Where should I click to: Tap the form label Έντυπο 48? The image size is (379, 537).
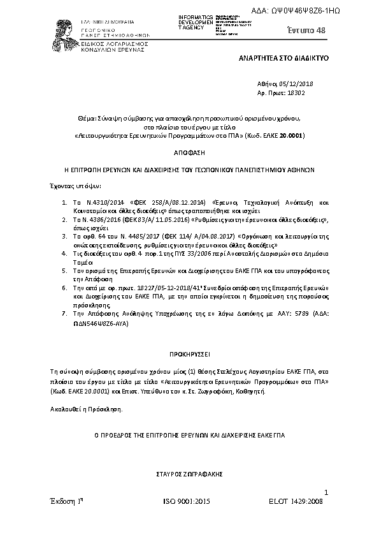click(306, 31)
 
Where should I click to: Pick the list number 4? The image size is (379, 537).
click(64, 253)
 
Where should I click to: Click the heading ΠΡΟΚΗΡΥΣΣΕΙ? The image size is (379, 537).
click(189, 353)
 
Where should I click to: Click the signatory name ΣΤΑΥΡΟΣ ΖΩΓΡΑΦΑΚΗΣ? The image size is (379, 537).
click(189, 475)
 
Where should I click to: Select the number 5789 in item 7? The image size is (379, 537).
click(285, 314)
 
